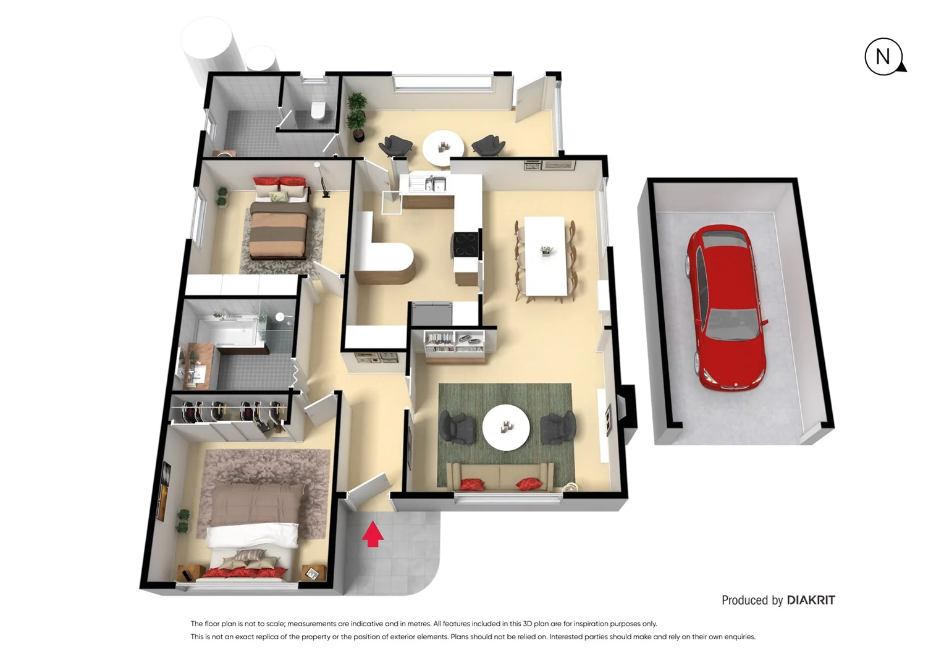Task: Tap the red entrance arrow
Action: [373, 534]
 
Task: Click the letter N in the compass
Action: [883, 57]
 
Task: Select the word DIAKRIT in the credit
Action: [811, 600]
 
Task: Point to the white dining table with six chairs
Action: [545, 256]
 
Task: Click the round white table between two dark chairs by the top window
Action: [443, 148]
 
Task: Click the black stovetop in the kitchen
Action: [465, 244]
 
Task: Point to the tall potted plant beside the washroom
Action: [356, 116]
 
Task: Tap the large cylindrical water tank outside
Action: [207, 44]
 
